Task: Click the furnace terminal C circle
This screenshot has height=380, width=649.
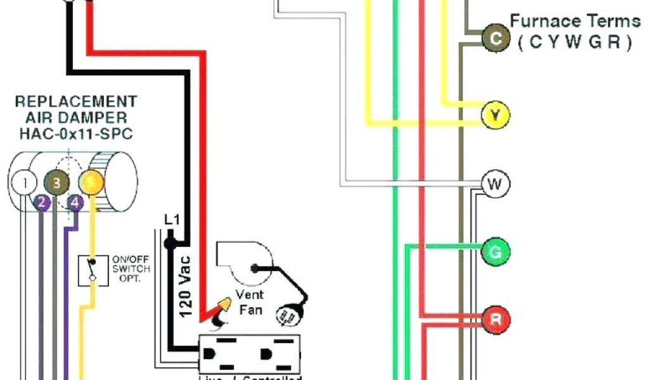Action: click(x=494, y=39)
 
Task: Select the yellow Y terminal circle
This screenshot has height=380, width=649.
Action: click(x=495, y=115)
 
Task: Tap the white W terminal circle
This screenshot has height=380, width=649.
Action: click(x=495, y=185)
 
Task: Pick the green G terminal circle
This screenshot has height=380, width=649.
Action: click(x=495, y=253)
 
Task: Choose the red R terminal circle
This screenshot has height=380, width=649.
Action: click(x=495, y=320)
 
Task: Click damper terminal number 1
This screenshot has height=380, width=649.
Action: click(x=25, y=184)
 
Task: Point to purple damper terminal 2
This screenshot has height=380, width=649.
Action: click(x=41, y=203)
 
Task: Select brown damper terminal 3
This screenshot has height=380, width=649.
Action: click(x=57, y=184)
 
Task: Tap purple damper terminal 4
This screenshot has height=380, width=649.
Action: click(x=75, y=203)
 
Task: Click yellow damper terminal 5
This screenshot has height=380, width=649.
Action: click(x=91, y=184)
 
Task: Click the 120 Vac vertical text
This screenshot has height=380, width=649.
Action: click(x=186, y=284)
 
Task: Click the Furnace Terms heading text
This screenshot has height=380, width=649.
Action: click(x=575, y=21)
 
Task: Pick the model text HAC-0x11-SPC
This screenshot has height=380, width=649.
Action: click(x=75, y=134)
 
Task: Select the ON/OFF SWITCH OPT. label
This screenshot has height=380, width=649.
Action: click(x=131, y=269)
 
